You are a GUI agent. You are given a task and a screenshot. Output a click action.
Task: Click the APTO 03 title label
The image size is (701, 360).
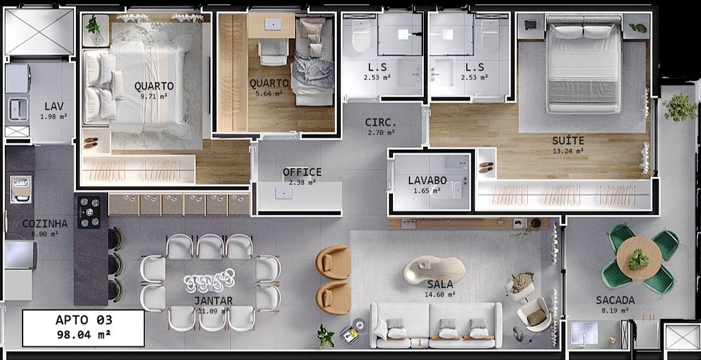click(x=84, y=320)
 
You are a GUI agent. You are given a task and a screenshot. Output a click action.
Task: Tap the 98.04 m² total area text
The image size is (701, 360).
click(x=84, y=335)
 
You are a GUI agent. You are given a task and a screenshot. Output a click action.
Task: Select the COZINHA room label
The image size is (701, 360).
click(x=44, y=224)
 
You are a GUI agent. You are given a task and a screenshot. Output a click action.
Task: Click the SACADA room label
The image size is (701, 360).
click(x=615, y=300)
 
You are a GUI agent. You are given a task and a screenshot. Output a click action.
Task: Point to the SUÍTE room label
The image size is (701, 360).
click(x=568, y=141)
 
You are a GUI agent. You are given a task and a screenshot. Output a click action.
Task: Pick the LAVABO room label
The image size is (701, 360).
click(x=427, y=181)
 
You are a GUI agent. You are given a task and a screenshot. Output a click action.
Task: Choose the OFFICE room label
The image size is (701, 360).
click(x=302, y=172)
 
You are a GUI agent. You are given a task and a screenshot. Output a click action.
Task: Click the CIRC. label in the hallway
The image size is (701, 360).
click(x=381, y=123)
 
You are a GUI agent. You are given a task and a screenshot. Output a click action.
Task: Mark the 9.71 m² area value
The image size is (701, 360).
click(x=154, y=97)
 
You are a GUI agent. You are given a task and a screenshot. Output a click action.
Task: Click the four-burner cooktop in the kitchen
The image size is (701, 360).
click(x=89, y=212)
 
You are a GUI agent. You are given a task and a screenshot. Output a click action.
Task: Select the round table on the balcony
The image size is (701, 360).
click(x=639, y=258)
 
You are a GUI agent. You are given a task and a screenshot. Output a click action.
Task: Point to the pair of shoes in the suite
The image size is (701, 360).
click(x=486, y=167)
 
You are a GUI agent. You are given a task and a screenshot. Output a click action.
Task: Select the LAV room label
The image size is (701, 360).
click(x=54, y=106)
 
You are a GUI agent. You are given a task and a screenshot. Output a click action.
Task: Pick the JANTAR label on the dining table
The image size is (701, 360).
click(x=213, y=300)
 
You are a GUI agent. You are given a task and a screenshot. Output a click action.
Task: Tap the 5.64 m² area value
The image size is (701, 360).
click(x=269, y=94)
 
